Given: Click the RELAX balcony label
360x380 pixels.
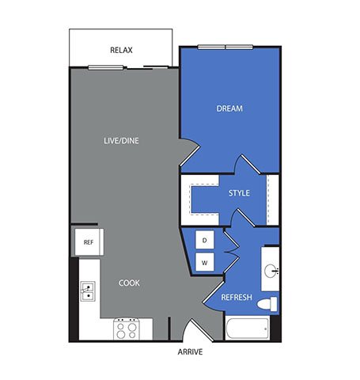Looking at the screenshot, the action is [121, 50].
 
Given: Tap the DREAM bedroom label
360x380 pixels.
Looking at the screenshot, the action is [229, 108].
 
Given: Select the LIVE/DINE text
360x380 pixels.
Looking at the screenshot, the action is [121, 141].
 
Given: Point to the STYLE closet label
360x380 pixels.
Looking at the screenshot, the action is [239, 193].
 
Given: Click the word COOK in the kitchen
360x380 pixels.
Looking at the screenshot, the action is [129, 283].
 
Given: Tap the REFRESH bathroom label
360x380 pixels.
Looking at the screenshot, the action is [237, 298].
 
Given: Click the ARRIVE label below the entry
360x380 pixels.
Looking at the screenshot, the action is [190, 351].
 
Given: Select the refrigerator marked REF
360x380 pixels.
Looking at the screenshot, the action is [89, 242].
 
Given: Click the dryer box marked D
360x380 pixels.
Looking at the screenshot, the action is [205, 240].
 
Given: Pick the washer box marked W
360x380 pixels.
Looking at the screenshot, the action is [205, 262].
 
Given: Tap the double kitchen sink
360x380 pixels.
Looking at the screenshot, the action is [88, 291].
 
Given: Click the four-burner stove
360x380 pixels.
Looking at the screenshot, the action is [127, 329].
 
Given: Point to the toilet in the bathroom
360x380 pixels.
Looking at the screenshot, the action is [267, 304].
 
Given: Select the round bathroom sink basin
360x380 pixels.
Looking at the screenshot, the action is [271, 271].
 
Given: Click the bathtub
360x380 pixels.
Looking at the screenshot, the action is [247, 328].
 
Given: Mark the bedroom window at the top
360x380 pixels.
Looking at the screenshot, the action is [225, 47].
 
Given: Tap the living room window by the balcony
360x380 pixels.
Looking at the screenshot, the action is [106, 68].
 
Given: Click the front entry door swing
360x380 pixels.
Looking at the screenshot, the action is [199, 329].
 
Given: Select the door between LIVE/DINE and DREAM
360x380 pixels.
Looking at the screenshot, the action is [190, 152].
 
